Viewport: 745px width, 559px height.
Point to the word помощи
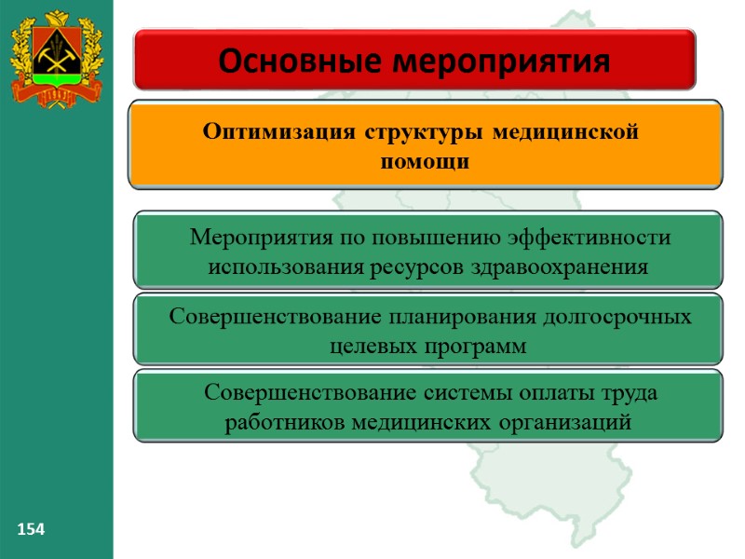[425, 161]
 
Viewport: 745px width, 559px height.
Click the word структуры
[420, 132]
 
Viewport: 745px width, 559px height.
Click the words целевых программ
[428, 347]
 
